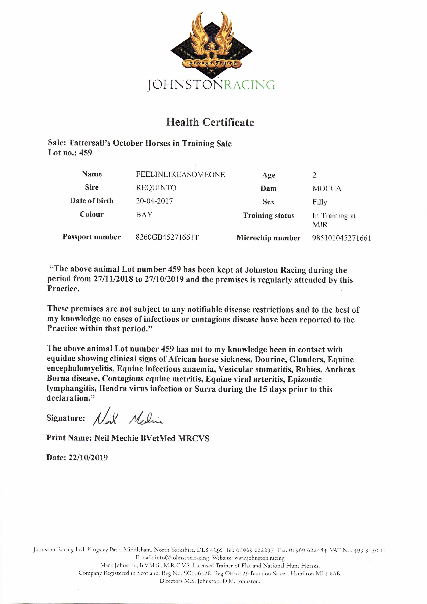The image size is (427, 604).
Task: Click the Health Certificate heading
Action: (x=210, y=122)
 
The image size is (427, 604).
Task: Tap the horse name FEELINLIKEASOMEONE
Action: (x=180, y=175)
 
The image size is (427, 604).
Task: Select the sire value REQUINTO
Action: (x=156, y=188)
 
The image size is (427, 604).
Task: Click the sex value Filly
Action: (x=320, y=202)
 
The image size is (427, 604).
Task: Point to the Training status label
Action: (x=268, y=216)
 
